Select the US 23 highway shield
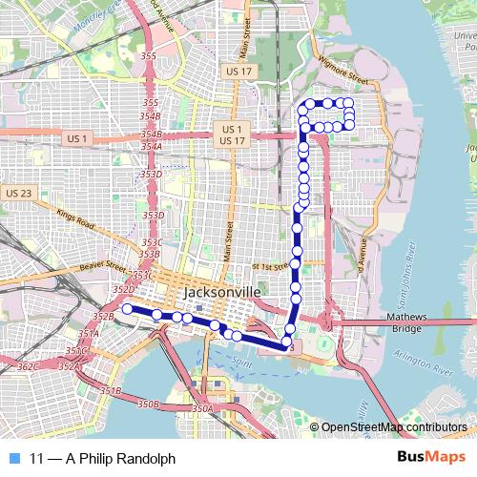pos(18,193)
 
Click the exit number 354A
pos(151,147)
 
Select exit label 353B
pos(149,255)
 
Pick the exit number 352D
pos(123,288)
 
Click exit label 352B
pos(103,316)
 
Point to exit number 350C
pos(77,351)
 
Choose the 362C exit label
pos(29,366)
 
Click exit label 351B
pos(111,391)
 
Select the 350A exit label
pos(202,408)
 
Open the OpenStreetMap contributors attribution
pos(394,427)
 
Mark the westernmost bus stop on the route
pos(127,308)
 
